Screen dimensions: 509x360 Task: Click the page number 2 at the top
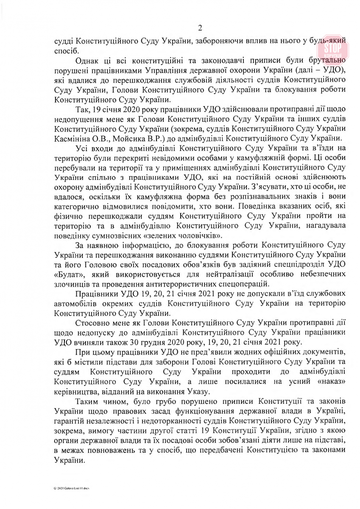(x=200, y=28)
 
